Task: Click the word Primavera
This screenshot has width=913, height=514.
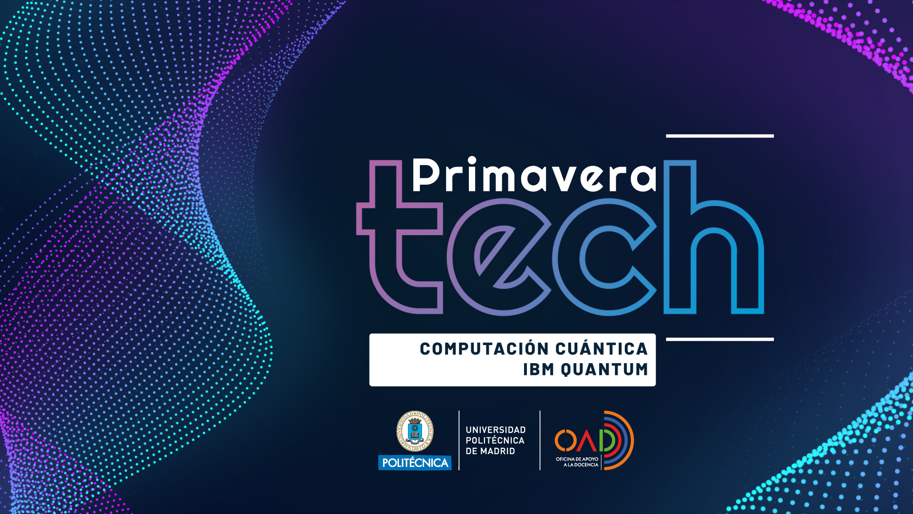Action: coord(534,175)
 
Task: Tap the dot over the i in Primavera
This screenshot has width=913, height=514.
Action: coord(472,160)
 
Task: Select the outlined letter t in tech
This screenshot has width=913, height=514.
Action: coord(400,237)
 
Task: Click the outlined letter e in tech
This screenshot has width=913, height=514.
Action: coord(499,257)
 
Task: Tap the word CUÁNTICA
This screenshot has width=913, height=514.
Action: coord(602,348)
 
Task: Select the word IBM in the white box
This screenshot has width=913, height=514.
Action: coord(539,369)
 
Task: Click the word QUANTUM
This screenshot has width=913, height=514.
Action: coord(604,369)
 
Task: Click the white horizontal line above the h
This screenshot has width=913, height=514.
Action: coord(720,136)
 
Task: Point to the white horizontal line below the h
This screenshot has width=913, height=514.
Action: coord(720,339)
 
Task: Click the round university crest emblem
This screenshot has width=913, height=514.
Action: coord(415,432)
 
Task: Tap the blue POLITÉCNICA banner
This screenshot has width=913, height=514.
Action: coord(415,463)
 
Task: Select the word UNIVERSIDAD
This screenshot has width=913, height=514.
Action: coord(495,430)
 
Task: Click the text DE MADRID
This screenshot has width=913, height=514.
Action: coord(490,451)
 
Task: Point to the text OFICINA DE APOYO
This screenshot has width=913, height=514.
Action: coord(577,459)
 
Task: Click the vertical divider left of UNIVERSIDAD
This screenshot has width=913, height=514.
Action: coord(459,440)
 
